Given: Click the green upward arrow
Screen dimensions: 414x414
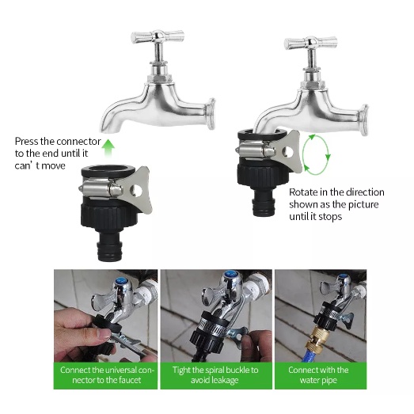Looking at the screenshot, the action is [x=108, y=148].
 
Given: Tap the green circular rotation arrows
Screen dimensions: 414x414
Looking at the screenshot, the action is [x=304, y=154].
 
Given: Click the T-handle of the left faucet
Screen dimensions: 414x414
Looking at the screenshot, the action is [x=158, y=36].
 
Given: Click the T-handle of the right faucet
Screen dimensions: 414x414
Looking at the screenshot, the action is [x=311, y=43].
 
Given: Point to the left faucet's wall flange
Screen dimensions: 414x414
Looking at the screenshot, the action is [x=211, y=113].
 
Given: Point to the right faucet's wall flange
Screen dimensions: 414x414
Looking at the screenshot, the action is [x=364, y=120].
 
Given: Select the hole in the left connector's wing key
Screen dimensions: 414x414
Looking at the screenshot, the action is [x=136, y=191].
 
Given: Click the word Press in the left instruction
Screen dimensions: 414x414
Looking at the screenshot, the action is [x=26, y=142].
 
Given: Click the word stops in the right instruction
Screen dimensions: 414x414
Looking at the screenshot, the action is [x=330, y=217].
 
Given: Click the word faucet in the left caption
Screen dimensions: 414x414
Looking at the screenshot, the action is [x=130, y=380].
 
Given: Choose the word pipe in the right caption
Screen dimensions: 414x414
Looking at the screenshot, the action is [x=330, y=381].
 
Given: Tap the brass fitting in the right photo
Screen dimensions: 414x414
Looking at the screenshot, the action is [x=317, y=340].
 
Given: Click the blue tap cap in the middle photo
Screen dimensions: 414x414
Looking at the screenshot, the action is [x=230, y=274].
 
